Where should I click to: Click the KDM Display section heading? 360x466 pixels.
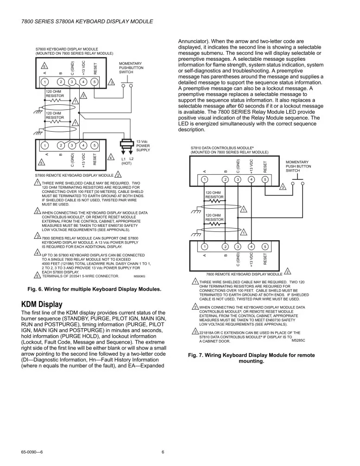point(42,304)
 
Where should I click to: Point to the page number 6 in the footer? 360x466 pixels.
point(163,453)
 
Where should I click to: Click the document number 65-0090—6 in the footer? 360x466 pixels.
point(35,453)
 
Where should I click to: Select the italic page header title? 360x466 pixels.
point(87,22)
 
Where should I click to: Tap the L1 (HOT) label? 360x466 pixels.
point(126,161)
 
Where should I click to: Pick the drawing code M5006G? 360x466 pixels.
point(139,276)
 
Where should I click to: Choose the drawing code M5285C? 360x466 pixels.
point(298,341)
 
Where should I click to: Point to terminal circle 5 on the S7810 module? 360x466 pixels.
point(265,179)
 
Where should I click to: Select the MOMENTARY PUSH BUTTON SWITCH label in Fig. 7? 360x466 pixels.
point(298,166)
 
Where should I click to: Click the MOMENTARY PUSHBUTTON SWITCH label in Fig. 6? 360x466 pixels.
point(131,68)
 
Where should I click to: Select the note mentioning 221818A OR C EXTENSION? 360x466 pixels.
point(249,337)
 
